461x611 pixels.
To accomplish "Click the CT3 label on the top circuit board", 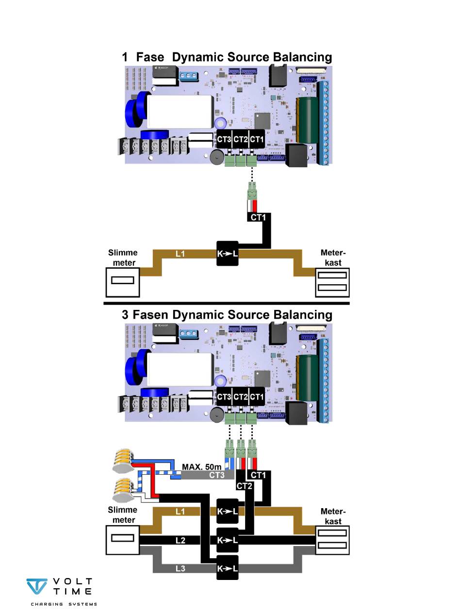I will click(224, 140).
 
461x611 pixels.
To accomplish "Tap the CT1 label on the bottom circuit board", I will click(256, 397).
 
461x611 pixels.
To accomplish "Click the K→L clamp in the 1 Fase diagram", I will click(228, 253).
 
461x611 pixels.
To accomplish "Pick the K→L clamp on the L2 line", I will click(228, 540).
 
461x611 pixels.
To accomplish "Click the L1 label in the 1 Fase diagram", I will click(180, 254).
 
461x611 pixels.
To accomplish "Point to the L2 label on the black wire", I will click(180, 540).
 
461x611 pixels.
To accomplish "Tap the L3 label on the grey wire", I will click(180, 568).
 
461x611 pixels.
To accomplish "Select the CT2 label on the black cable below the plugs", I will click(244, 485).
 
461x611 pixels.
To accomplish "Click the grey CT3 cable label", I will click(217, 476).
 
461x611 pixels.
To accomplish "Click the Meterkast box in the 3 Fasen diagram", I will click(332, 539).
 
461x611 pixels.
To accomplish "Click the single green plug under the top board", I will click(251, 190).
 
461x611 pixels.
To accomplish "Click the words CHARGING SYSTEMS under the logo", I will click(64, 604).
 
